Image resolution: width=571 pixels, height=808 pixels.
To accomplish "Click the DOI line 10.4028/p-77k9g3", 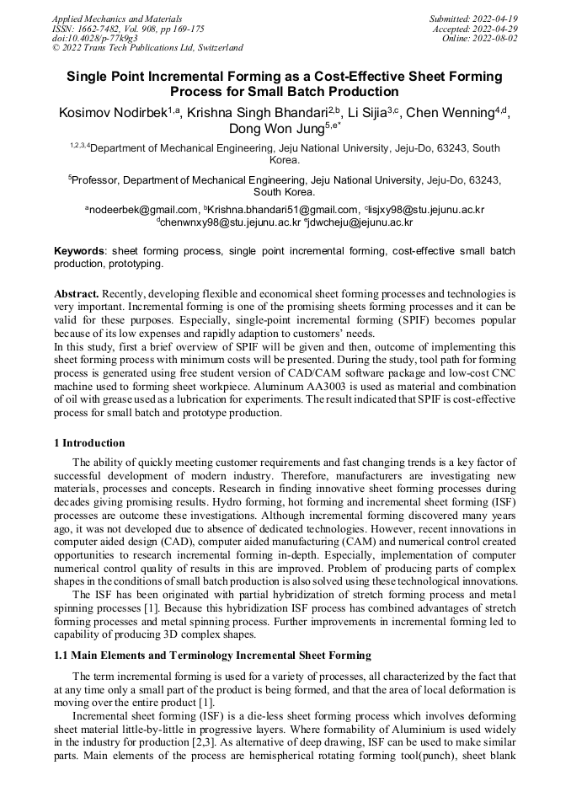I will pos(94,38).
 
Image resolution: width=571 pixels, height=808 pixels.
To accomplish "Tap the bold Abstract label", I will pos(77,294).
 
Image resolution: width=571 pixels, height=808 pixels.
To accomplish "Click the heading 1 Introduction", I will pos(89,443).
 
